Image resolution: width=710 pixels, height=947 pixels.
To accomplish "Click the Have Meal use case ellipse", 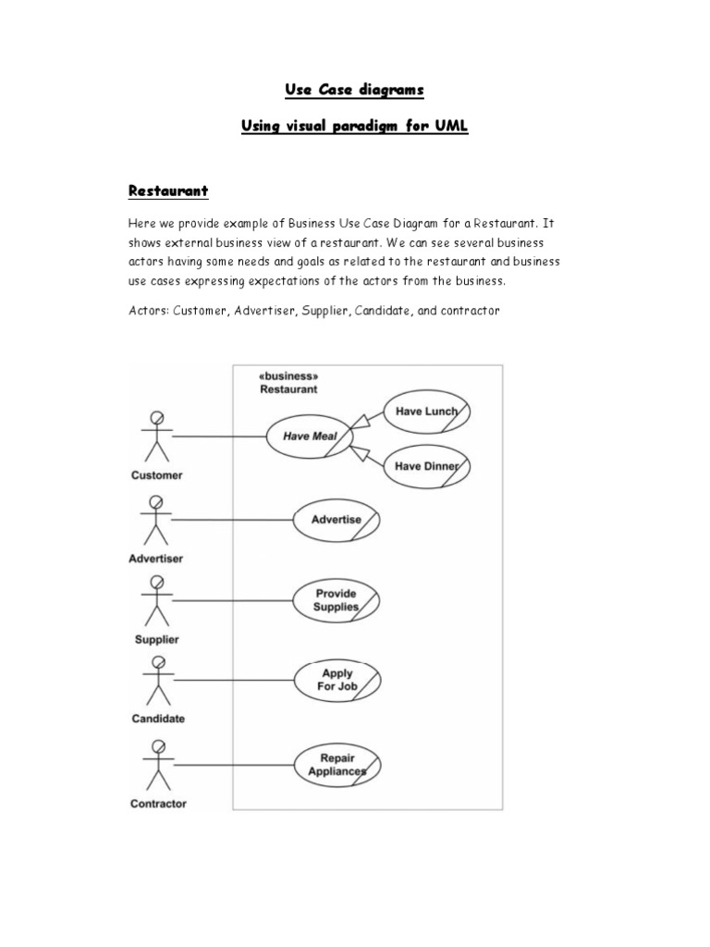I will pyautogui.click(x=310, y=437).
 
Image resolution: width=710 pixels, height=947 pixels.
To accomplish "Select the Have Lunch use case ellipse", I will pyautogui.click(x=426, y=412).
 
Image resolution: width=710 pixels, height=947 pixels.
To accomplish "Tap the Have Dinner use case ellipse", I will pyautogui.click(x=426, y=466).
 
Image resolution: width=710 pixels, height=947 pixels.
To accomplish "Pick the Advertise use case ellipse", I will pyautogui.click(x=337, y=520).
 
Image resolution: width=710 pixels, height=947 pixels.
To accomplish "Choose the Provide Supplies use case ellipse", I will pyautogui.click(x=337, y=600).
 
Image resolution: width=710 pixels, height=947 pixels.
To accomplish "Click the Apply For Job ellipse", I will pyautogui.click(x=337, y=681).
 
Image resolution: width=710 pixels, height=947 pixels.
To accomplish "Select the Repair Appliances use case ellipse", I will pyautogui.click(x=337, y=764).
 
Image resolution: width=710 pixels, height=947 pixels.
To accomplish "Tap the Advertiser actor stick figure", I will pyautogui.click(x=156, y=519).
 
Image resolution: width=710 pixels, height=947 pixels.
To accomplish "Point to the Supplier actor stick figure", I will pyautogui.click(x=156, y=600).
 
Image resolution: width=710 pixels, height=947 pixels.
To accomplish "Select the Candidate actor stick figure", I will pyautogui.click(x=156, y=681).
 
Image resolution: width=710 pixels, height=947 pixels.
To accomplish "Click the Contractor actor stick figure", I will pyautogui.click(x=156, y=764).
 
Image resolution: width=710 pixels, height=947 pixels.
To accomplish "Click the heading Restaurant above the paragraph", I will pyautogui.click(x=167, y=191).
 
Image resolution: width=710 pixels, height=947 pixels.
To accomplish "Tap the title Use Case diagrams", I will pyautogui.click(x=354, y=90).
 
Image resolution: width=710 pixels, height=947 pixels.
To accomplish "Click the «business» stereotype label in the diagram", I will pyautogui.click(x=289, y=377).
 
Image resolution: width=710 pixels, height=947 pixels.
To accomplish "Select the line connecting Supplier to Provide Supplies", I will pyautogui.click(x=232, y=600).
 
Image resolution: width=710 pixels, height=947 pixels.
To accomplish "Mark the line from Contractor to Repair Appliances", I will pyautogui.click(x=232, y=764).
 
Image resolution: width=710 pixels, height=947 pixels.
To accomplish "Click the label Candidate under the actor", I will pyautogui.click(x=157, y=719).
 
